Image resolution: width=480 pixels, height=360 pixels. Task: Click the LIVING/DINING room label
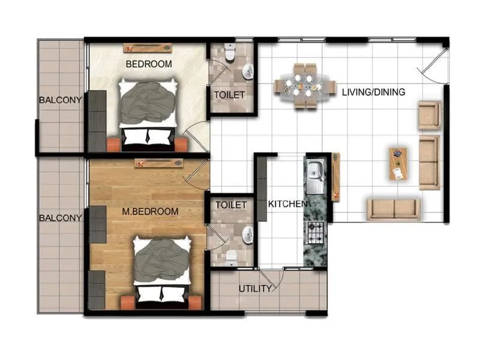coord(373,92)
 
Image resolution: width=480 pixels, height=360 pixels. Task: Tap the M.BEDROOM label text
coord(150,211)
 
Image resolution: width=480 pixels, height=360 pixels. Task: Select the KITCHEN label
coord(287,204)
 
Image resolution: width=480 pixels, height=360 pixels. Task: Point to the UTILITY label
coord(255,289)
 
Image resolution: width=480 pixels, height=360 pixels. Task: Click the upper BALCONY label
coord(60,100)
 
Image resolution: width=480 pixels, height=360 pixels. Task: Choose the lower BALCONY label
coord(60,218)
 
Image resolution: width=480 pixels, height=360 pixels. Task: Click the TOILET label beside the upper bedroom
coord(229,95)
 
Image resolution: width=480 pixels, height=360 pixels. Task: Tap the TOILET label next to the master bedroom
coord(231,205)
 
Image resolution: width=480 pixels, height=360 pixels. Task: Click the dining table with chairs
coord(305,86)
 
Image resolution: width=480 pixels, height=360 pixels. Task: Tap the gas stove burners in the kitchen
coord(316,230)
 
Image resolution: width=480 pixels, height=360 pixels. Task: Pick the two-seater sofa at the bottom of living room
coord(394,209)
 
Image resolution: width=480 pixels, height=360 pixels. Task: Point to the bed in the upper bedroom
coord(148,113)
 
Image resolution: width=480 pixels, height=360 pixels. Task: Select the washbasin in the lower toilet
coord(247,233)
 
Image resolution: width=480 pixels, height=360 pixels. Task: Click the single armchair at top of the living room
coord(429,115)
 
